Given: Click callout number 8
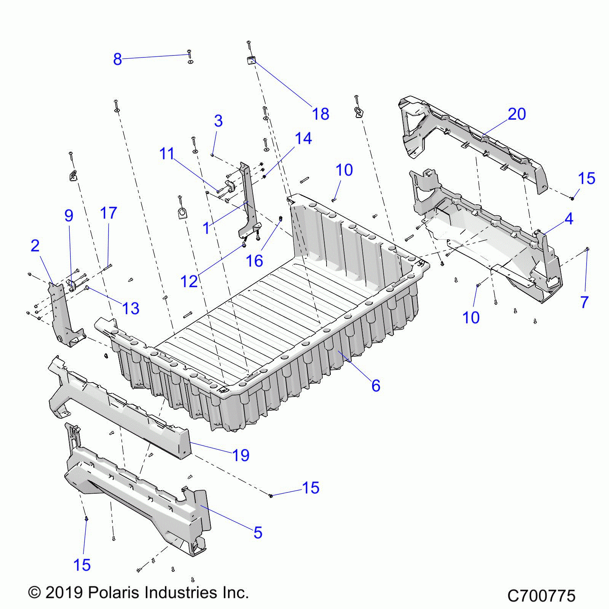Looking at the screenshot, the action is [117, 59].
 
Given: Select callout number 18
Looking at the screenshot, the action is [320, 114].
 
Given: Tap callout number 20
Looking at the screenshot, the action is [517, 114].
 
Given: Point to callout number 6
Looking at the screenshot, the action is [376, 386].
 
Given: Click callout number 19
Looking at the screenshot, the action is [241, 455].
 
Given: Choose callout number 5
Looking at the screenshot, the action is [258, 532].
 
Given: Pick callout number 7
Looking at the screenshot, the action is [585, 302].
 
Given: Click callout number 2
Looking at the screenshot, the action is [35, 246].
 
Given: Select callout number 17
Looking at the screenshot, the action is [108, 213].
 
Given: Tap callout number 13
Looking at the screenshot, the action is [131, 308].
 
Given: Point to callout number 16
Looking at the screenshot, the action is [254, 261].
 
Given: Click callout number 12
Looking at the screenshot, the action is [189, 281].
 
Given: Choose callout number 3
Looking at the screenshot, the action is [218, 121].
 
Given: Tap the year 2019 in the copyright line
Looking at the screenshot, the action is [64, 592].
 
